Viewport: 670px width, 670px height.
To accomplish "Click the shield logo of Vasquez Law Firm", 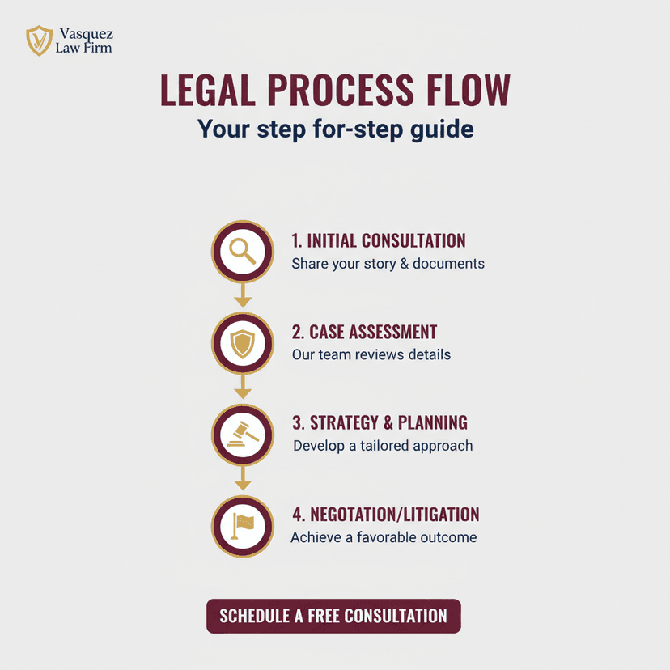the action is (40, 40).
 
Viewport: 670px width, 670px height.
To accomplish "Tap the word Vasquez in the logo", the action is (87, 34).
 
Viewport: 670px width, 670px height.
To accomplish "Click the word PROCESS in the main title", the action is (341, 90).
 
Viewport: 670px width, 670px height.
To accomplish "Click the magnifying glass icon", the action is (242, 251).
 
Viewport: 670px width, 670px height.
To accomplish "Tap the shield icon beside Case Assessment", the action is (242, 343).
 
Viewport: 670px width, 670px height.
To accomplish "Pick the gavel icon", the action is (243, 435).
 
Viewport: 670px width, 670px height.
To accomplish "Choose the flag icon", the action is (242, 526).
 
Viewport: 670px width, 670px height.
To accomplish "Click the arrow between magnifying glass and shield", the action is (243, 295).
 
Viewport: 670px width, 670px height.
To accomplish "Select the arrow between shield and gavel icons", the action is (243, 386).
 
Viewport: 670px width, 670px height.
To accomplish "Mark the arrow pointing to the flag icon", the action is (243, 477).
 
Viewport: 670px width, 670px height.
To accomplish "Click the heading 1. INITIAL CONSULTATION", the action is (379, 240).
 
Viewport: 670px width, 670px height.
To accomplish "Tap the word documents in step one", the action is (448, 263).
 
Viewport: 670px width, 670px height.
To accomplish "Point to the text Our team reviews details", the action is (371, 354).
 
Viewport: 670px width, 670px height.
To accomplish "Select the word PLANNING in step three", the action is (432, 422).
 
